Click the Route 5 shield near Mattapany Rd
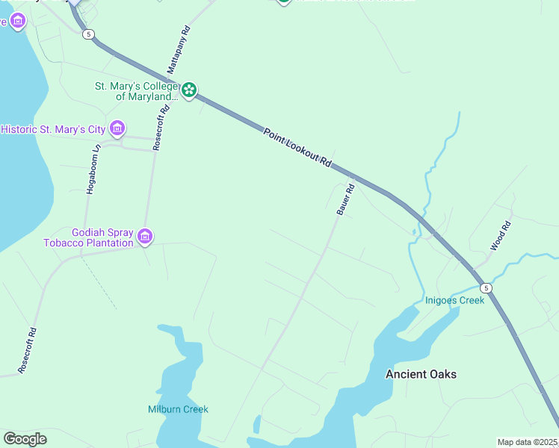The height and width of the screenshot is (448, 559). coord(89,34)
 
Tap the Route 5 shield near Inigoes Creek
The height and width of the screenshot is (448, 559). coord(486,287)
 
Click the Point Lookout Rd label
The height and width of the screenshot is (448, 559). coord(297,146)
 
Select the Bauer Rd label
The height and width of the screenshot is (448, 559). coord(345,200)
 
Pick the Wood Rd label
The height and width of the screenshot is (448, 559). coord(500,235)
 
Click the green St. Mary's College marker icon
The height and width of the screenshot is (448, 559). coord(189,90)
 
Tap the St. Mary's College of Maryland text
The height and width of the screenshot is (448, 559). coord(136,91)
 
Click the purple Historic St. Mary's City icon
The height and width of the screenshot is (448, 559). coord(117,128)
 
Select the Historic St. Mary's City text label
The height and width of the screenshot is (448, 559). coord(53,129)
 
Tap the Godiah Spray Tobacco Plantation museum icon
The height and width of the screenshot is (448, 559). coord(145,237)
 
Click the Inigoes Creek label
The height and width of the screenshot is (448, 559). coord(454,300)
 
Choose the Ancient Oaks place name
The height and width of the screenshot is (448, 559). coord(421,374)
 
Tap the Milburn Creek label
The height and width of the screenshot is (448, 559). coord(178,409)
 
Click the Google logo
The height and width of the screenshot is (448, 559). coord(25,439)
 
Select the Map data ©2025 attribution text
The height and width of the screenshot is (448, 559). coord(528,442)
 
